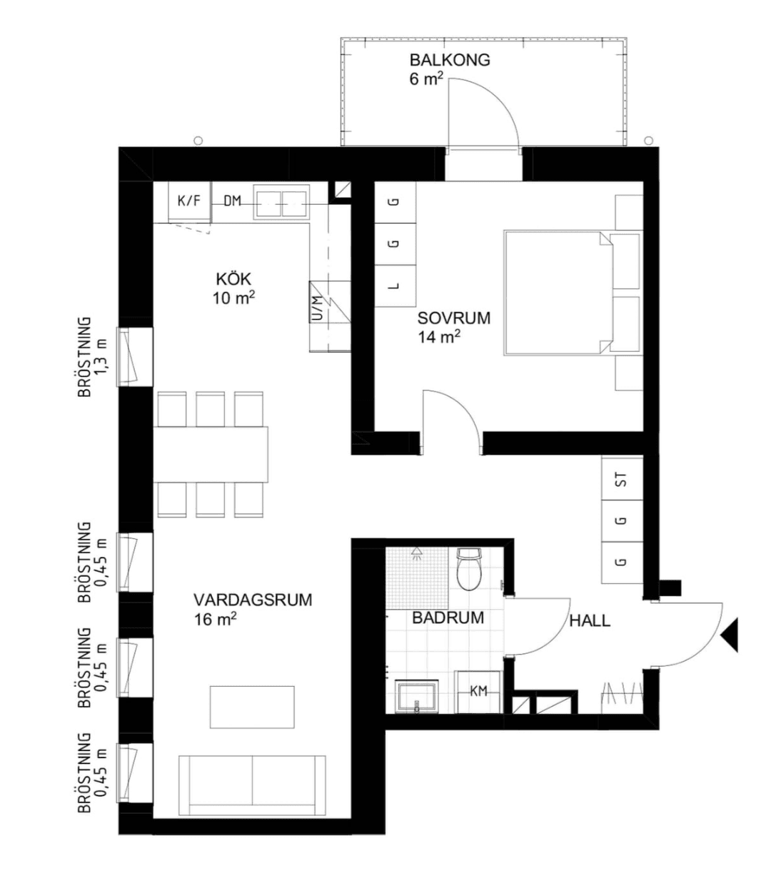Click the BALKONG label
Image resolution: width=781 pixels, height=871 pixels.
coord(450,60)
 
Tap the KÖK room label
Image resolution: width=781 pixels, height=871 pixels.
coord(233,279)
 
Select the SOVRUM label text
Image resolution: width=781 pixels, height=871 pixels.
coord(454,318)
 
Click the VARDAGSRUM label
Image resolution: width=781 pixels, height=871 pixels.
coord(253,600)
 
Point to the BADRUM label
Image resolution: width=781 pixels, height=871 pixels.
coord(448,618)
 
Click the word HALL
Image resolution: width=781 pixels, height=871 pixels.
coord(590,621)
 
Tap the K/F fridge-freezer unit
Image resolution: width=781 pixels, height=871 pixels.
coord(190,202)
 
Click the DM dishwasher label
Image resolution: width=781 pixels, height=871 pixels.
coord(233,201)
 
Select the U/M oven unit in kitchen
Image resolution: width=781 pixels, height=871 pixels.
coord(330,302)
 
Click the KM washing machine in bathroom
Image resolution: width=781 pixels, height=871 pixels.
coord(478,691)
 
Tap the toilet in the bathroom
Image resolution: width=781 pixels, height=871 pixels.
coord(469,569)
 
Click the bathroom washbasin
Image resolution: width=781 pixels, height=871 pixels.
coord(417,697)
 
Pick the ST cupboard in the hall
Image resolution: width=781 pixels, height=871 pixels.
coord(622,479)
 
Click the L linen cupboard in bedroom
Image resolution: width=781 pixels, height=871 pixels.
coord(395,286)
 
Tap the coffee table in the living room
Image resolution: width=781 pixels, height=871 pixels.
coord(252,708)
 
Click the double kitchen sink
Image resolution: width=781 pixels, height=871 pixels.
coord(281,203)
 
